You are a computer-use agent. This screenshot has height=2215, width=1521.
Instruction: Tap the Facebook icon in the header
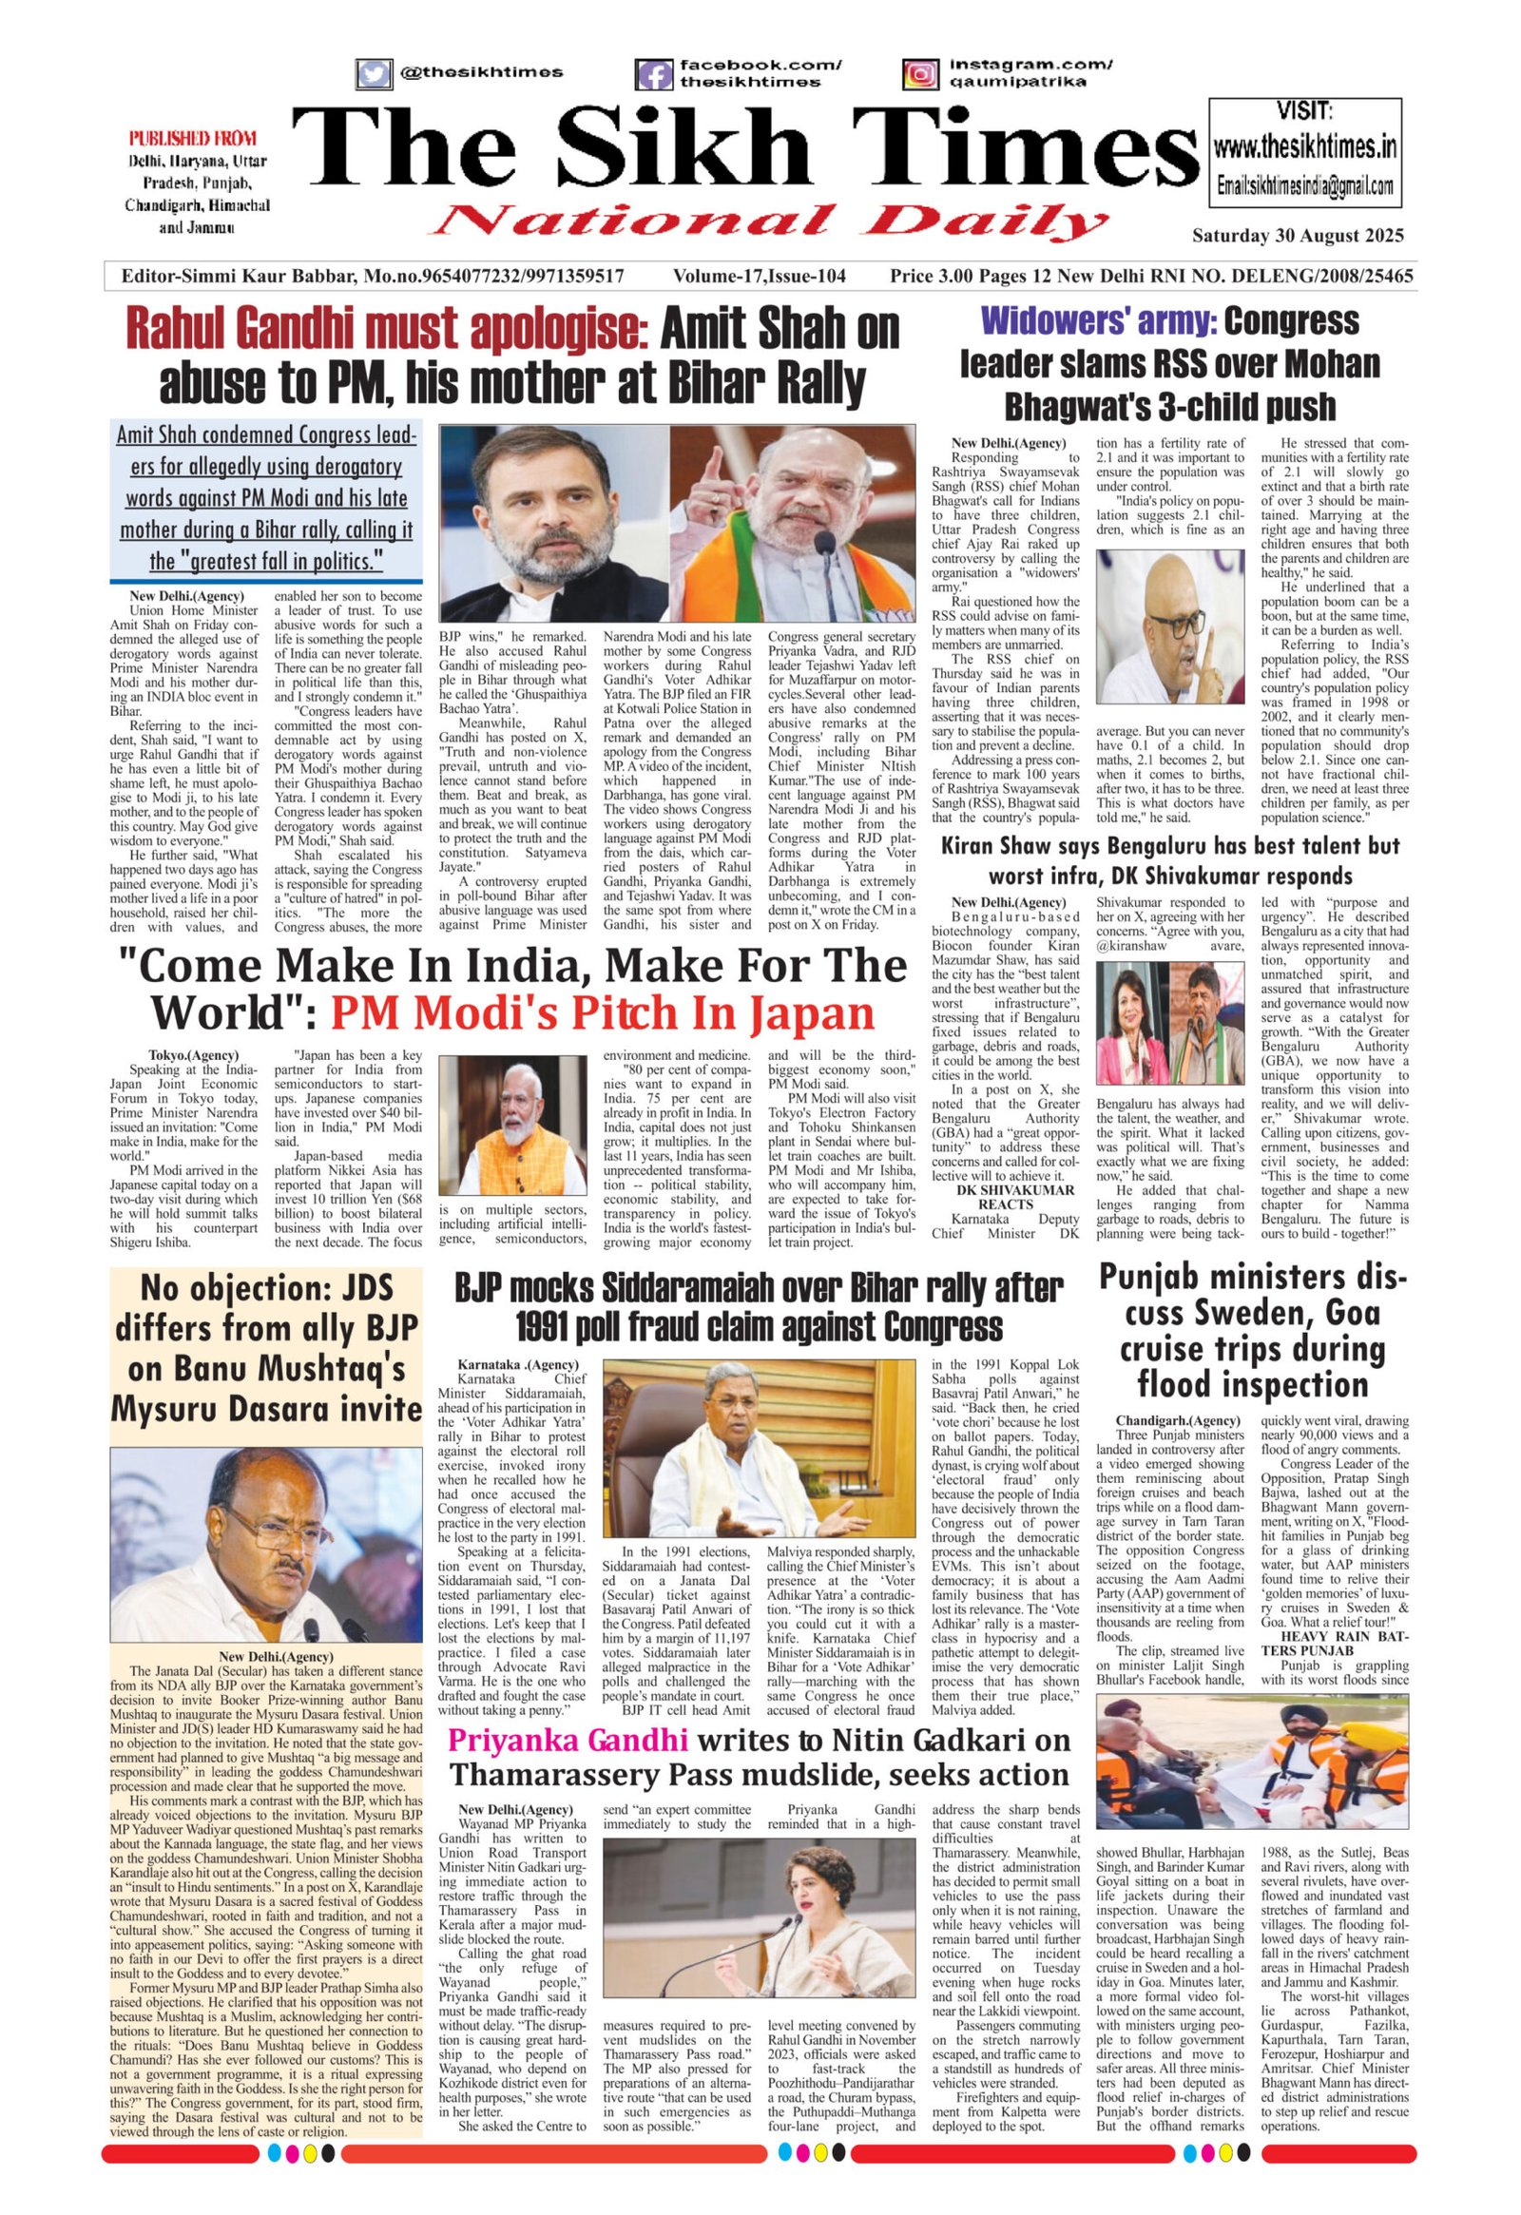[654, 73]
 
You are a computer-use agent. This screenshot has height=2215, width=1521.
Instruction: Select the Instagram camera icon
[919, 73]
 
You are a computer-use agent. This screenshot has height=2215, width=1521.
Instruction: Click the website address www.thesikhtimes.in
[1305, 146]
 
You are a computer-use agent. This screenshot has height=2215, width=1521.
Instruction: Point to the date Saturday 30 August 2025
[1297, 236]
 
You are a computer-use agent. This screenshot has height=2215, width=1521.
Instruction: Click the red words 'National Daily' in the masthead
[770, 221]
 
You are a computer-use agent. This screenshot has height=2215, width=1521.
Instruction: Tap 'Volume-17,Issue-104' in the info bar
[759, 277]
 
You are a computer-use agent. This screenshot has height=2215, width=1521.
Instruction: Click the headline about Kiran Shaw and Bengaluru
[1170, 860]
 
